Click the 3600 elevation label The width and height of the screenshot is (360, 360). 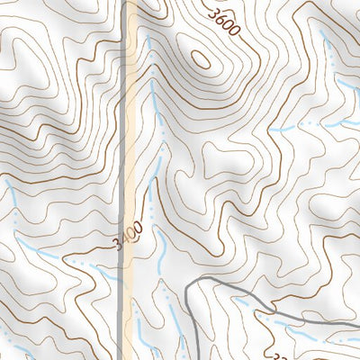(x=222, y=22)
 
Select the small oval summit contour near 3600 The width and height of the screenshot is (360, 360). (x=201, y=58)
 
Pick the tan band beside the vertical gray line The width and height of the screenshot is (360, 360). (x=130, y=135)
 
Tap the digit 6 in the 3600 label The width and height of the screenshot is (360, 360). (x=219, y=18)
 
